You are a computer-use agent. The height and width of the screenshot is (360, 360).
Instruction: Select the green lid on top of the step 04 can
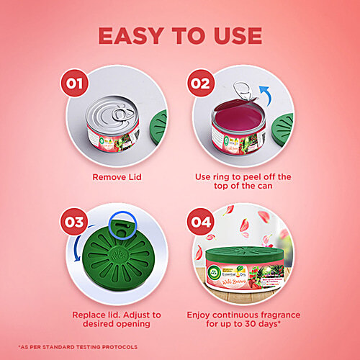(242, 254)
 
